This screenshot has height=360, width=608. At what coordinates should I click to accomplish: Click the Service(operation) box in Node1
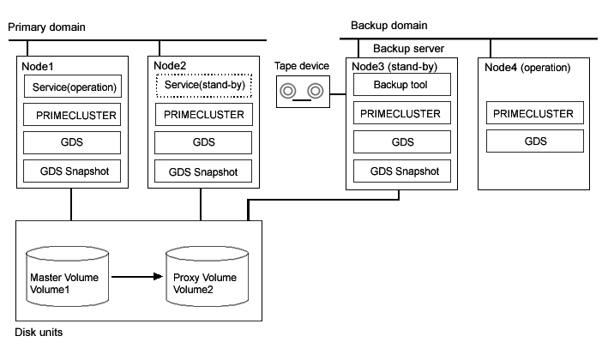click(73, 86)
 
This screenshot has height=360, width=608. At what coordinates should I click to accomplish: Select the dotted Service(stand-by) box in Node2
click(204, 85)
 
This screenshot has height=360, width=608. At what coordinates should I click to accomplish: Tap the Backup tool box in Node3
click(402, 85)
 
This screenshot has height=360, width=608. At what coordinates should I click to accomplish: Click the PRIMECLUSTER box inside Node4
click(535, 113)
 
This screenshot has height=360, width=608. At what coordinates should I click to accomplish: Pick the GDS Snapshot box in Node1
click(72, 171)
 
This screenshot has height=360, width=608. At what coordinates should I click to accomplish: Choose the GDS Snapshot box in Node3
click(402, 171)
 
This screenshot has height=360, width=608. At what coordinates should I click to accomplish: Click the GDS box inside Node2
click(203, 142)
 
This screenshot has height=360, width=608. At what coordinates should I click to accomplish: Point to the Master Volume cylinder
click(67, 276)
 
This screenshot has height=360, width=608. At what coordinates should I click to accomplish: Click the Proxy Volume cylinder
click(207, 276)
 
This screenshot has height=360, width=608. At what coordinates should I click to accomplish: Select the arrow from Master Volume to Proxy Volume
click(137, 277)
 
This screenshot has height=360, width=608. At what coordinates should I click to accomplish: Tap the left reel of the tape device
click(288, 91)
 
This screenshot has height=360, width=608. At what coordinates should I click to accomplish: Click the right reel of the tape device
click(316, 91)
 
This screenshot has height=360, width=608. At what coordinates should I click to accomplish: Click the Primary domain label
click(46, 27)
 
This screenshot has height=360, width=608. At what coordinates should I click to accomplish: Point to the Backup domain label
click(389, 26)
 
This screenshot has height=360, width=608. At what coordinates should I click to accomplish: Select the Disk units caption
click(39, 332)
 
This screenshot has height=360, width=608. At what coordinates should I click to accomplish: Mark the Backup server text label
click(409, 49)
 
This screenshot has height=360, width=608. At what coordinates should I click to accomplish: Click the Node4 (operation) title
click(527, 68)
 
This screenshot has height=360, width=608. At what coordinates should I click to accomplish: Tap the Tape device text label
click(302, 66)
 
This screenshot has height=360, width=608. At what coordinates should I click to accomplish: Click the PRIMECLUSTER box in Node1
click(72, 114)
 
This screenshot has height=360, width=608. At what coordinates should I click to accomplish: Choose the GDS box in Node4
click(535, 141)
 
